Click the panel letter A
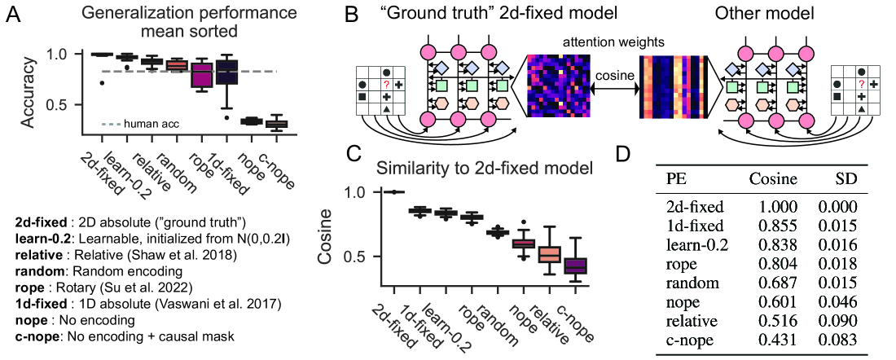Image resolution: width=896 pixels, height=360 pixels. (x=15, y=15)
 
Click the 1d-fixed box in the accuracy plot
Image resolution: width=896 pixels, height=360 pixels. (x=227, y=72)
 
